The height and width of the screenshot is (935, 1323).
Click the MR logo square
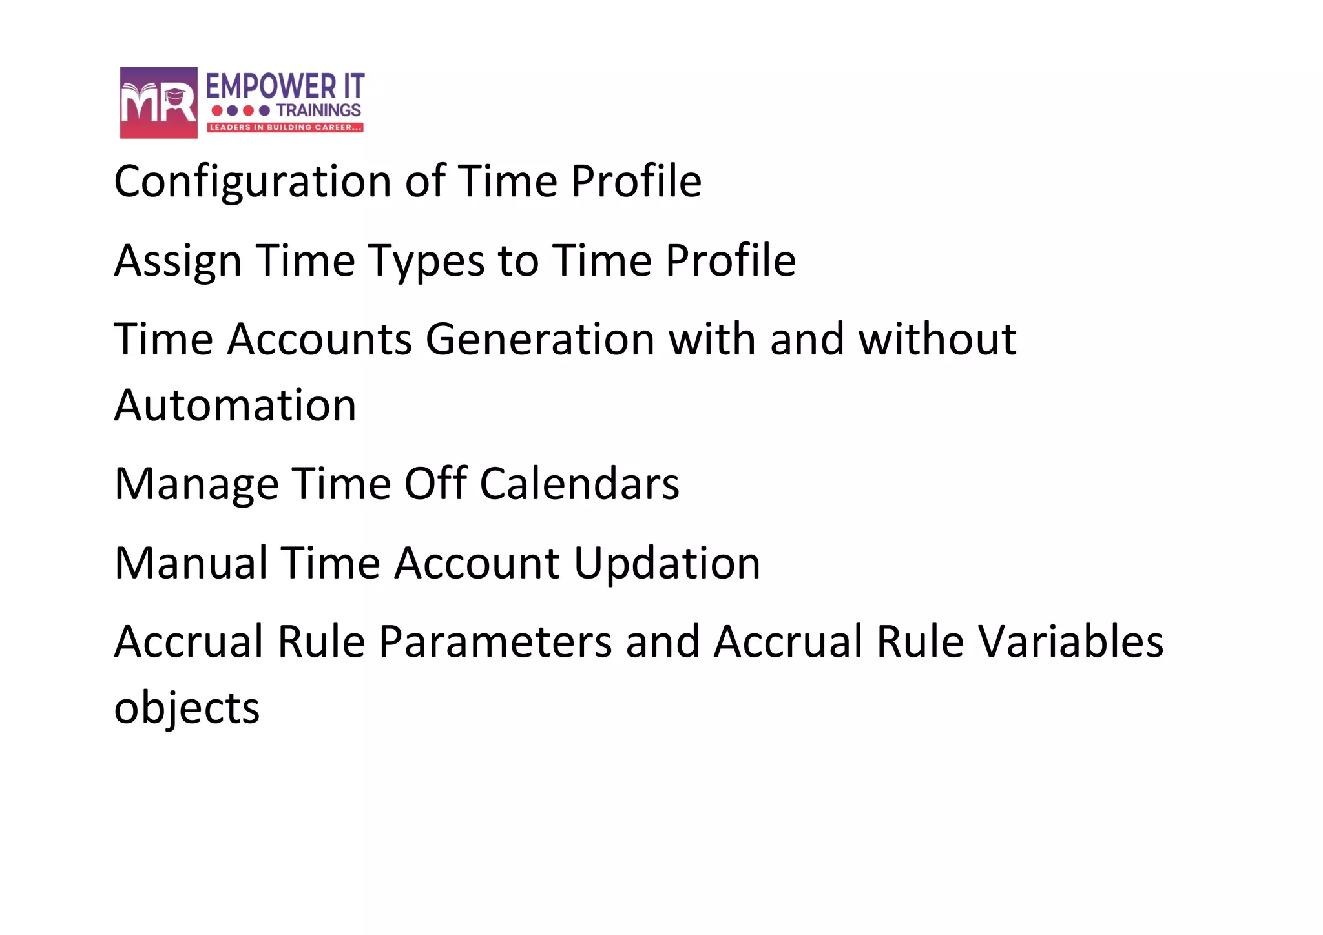[x=158, y=102]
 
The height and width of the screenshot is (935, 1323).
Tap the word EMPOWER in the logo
[x=271, y=87]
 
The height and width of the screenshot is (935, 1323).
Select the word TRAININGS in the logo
[x=318, y=110]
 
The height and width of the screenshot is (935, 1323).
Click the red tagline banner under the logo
[x=285, y=127]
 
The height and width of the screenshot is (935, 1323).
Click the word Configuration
[x=252, y=181]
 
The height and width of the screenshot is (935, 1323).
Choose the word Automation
[x=235, y=406]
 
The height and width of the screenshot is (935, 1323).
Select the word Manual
[x=191, y=563]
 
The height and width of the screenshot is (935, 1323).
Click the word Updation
[x=667, y=563]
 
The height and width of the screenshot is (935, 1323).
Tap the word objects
[x=187, y=708]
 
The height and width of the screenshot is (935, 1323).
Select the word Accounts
[x=319, y=340]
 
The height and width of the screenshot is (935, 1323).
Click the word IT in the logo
[x=354, y=87]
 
